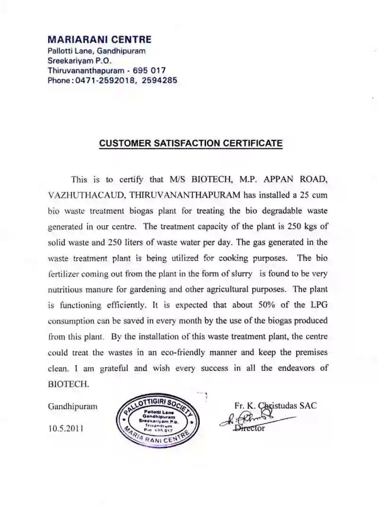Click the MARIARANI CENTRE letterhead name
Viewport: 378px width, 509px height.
coord(100,39)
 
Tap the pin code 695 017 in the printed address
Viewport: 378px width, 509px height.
coord(149,70)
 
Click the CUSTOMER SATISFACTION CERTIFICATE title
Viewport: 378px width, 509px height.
coord(190,143)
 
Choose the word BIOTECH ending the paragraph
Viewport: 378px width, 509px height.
coord(68,384)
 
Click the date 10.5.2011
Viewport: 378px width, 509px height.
coord(66,429)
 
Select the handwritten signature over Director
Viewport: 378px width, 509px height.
coord(253,419)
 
